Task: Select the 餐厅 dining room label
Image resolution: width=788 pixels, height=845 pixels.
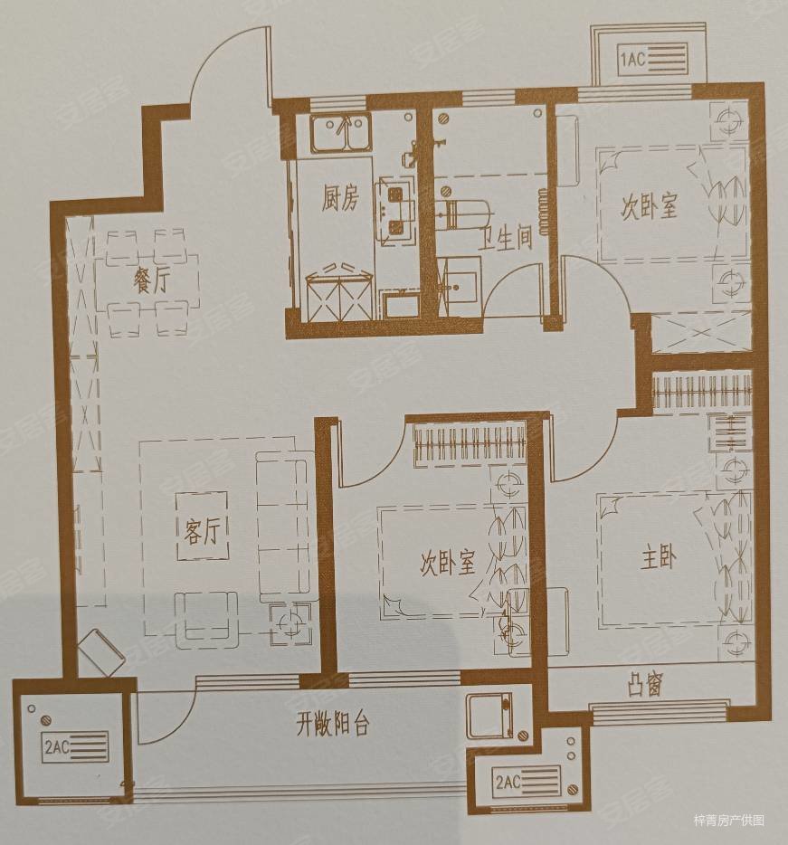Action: click(151, 280)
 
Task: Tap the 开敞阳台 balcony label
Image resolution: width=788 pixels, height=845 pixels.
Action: click(331, 724)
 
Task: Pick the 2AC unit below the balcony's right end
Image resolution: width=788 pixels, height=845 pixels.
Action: click(528, 779)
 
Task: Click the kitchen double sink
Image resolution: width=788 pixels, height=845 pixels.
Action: click(339, 136)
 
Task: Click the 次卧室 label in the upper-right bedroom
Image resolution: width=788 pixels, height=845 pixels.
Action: click(648, 207)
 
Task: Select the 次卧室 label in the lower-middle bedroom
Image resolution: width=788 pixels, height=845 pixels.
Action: click(447, 564)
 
